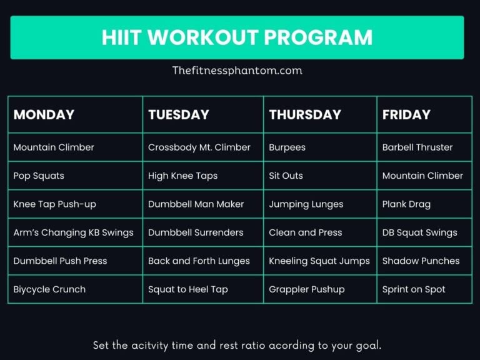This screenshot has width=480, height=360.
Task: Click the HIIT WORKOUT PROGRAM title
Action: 237,37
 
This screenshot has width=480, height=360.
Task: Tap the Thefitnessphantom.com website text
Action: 237,71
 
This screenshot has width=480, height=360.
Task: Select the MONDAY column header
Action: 44,114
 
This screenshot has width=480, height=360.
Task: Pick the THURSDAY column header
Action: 305,114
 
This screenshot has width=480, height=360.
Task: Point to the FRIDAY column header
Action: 406,114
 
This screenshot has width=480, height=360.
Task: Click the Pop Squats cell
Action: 39,176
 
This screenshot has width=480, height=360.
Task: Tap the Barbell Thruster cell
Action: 417,147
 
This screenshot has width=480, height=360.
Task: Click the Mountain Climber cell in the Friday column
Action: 422,176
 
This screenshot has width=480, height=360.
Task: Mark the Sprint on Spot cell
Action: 414,289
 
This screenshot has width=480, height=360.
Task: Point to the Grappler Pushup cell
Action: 306,289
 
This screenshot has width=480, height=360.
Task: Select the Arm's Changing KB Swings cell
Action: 73,232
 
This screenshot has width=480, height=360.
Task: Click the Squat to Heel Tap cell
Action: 187,289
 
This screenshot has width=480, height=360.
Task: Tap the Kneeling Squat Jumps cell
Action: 319,261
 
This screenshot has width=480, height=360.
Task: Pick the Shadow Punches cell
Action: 421,261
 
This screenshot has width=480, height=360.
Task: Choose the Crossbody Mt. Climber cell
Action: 199,147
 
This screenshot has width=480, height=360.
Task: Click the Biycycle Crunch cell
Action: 49,289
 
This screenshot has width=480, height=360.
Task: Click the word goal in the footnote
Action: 369,346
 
